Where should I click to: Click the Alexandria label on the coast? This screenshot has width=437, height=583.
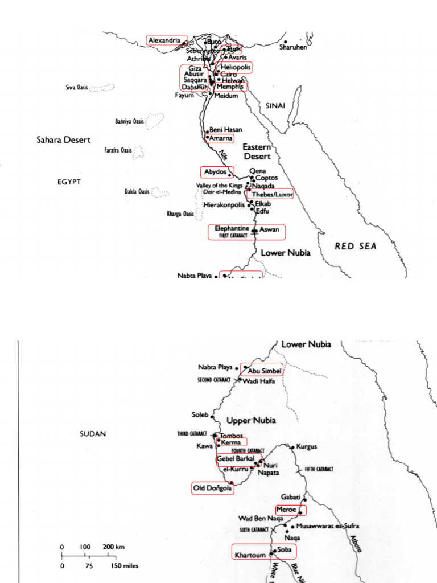point(166,40)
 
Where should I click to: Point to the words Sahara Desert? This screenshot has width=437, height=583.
point(63,139)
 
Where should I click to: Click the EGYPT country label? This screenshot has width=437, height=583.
point(69,182)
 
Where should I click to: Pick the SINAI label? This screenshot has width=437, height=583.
point(275,106)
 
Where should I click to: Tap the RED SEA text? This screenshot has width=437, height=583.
point(356,246)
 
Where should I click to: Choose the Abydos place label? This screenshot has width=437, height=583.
point(216,171)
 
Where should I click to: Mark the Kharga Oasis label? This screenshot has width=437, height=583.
point(180,214)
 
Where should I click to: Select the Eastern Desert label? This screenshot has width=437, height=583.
point(257,151)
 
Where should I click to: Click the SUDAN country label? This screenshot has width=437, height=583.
point(93,433)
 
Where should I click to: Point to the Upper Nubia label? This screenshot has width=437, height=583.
point(251,421)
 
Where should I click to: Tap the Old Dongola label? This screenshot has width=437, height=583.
point(212,488)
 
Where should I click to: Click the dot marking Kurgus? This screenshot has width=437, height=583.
point(292,447)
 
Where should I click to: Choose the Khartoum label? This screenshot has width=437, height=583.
point(249,552)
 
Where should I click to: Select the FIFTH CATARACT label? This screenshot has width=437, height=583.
point(318,469)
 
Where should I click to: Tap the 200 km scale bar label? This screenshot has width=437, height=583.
point(113,547)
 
